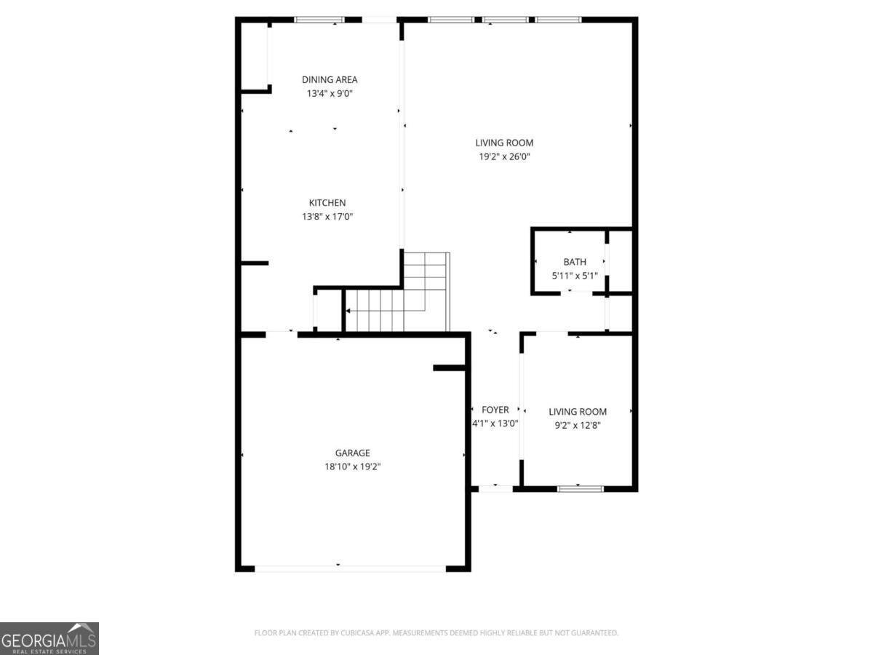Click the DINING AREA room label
[x=330, y=79]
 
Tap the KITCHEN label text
[x=327, y=202]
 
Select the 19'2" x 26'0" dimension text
[x=504, y=156]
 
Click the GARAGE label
[x=353, y=453]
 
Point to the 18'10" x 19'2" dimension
[x=353, y=467]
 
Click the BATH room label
[x=575, y=262]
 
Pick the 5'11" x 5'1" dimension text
[x=575, y=276]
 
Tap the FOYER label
[x=495, y=410]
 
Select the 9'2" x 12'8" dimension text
[x=578, y=426]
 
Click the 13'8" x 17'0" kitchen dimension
[x=327, y=216]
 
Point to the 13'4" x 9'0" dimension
[x=330, y=93]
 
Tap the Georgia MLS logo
[x=49, y=638]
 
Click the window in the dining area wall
[x=319, y=20]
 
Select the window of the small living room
[x=580, y=488]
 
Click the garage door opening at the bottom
[x=350, y=568]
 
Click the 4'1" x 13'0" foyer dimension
[x=495, y=424]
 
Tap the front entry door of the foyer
[x=495, y=488]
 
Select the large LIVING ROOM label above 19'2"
[x=504, y=143]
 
